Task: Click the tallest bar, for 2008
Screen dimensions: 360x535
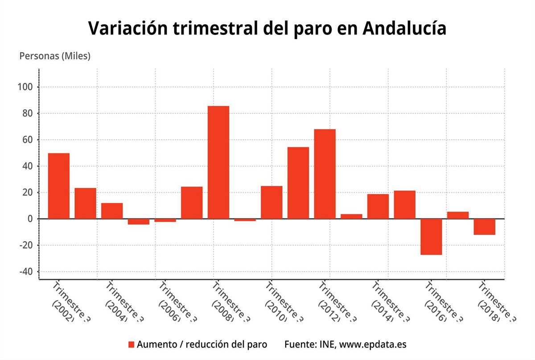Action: coord(218,162)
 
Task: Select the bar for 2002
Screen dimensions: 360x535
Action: coord(59,186)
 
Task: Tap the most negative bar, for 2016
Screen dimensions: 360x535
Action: coord(431,237)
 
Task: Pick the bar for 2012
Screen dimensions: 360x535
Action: coord(325,174)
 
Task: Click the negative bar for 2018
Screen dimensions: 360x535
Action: coord(484,226)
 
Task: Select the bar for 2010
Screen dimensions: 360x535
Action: coord(272,202)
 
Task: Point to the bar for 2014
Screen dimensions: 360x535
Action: coord(378,206)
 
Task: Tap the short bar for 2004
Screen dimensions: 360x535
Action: coord(112,211)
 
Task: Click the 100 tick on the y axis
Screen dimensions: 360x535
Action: coord(27,87)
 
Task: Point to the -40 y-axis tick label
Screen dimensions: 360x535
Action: coord(27,272)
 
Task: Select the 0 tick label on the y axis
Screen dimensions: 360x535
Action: coord(30,219)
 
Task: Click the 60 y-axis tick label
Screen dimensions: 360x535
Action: coord(29,140)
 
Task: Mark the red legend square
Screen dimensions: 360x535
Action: coord(131,344)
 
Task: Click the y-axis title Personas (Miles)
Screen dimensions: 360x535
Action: coord(55,56)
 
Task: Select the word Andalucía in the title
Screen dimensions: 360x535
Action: coord(404,28)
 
